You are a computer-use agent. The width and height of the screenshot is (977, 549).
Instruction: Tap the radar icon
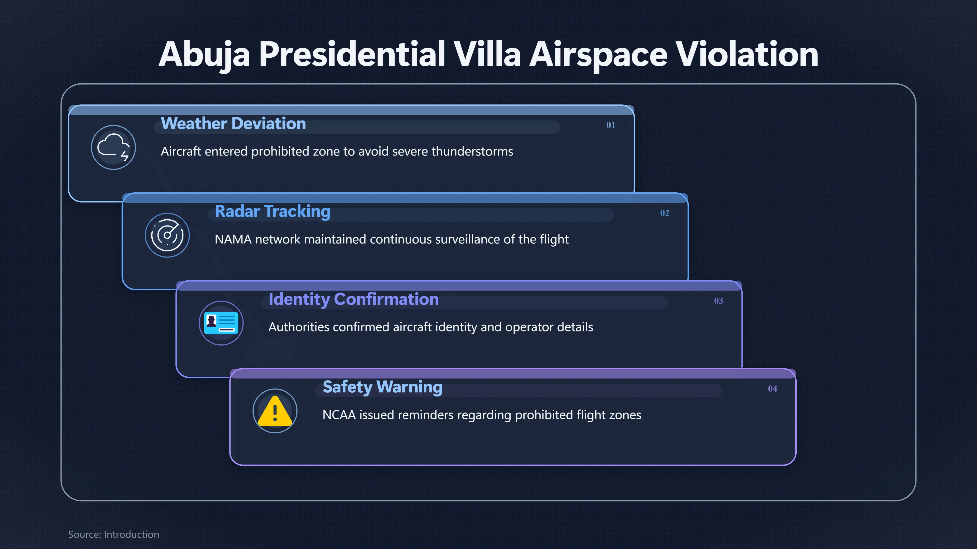coord(167,235)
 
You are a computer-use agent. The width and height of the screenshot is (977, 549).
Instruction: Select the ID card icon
coord(221,323)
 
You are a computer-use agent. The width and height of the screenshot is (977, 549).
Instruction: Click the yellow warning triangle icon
coord(275,411)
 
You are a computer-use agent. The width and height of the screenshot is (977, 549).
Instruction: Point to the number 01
coord(611,125)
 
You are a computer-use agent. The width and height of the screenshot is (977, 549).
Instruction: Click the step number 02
coord(665,213)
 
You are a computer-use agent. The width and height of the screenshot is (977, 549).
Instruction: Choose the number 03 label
coord(718,301)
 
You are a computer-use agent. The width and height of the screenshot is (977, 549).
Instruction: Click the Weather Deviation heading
coord(233,124)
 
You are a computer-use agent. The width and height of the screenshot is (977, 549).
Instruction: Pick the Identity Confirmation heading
coord(353,299)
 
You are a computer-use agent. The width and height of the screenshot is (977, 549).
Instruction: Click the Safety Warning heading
coord(383,387)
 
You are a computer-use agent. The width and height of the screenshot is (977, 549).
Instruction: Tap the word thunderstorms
coord(472,151)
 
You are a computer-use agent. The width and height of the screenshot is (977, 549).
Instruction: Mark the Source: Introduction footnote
coord(114,534)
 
